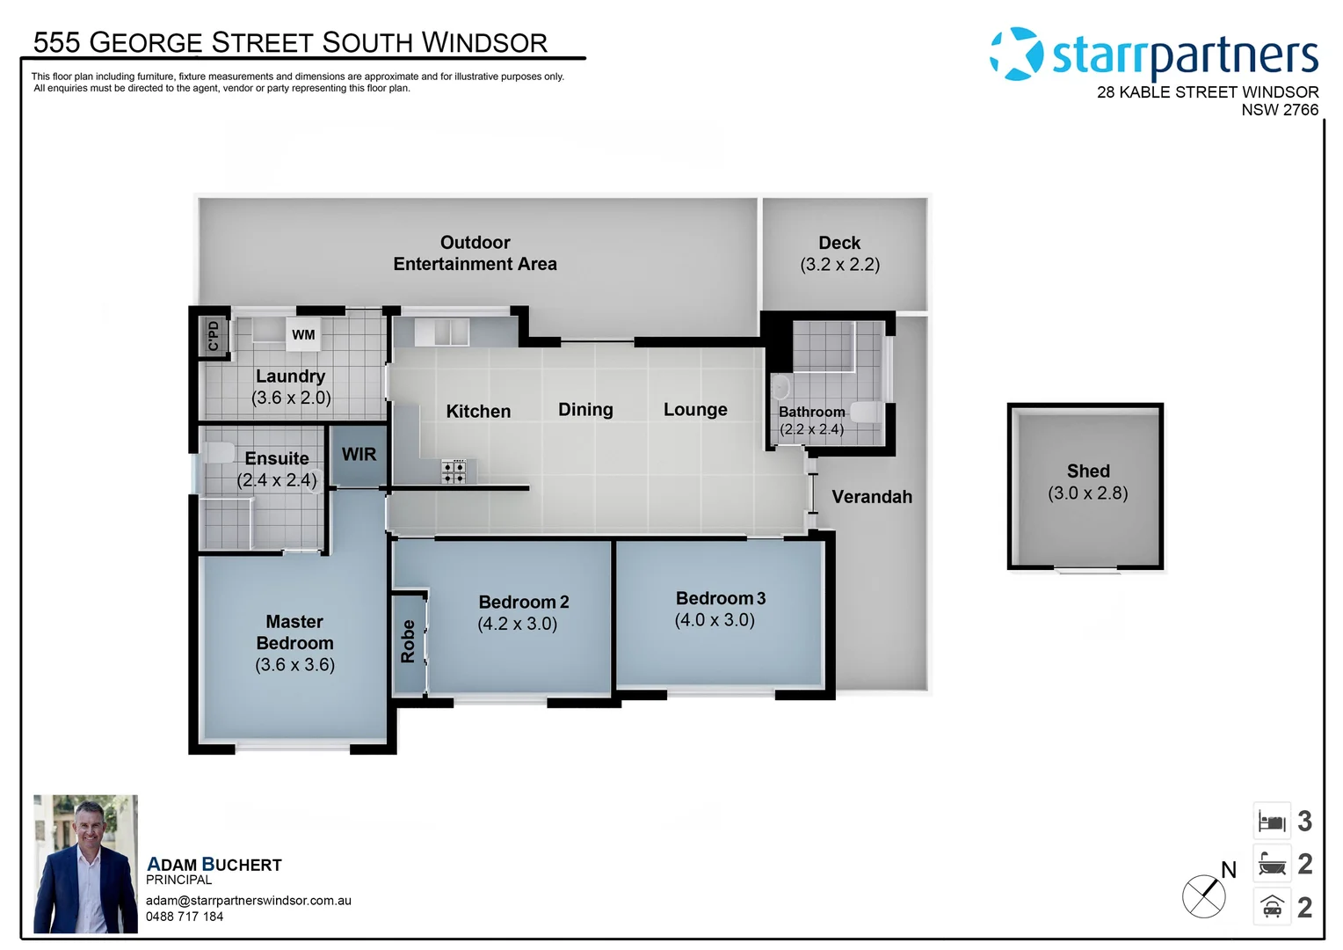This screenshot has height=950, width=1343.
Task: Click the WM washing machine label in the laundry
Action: point(303,335)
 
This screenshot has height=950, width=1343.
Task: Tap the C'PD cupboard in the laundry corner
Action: point(213,335)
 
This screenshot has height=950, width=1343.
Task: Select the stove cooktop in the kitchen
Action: point(454,471)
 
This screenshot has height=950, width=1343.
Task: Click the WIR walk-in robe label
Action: point(359,455)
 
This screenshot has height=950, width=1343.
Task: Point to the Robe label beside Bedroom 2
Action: point(408,641)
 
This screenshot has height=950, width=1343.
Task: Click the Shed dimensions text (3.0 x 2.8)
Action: point(1087,493)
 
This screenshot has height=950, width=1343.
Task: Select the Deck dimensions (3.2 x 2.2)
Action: point(839,265)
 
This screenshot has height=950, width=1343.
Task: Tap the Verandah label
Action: point(871,497)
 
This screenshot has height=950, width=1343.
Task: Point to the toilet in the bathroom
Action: point(866,412)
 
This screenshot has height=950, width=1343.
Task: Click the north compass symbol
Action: point(1204,896)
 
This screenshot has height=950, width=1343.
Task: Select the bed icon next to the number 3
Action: point(1271,822)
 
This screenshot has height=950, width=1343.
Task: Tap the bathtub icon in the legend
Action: point(1271,865)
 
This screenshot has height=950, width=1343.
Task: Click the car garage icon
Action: point(1271,907)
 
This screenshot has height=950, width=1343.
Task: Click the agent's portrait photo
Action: point(85,864)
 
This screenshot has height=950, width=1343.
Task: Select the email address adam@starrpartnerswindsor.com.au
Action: point(249,901)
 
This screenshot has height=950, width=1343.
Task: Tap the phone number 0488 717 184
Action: point(185,917)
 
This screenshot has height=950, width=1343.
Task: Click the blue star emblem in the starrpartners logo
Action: point(1017,54)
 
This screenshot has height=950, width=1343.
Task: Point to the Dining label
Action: point(585,410)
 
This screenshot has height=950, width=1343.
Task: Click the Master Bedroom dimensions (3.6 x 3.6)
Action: point(294,665)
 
